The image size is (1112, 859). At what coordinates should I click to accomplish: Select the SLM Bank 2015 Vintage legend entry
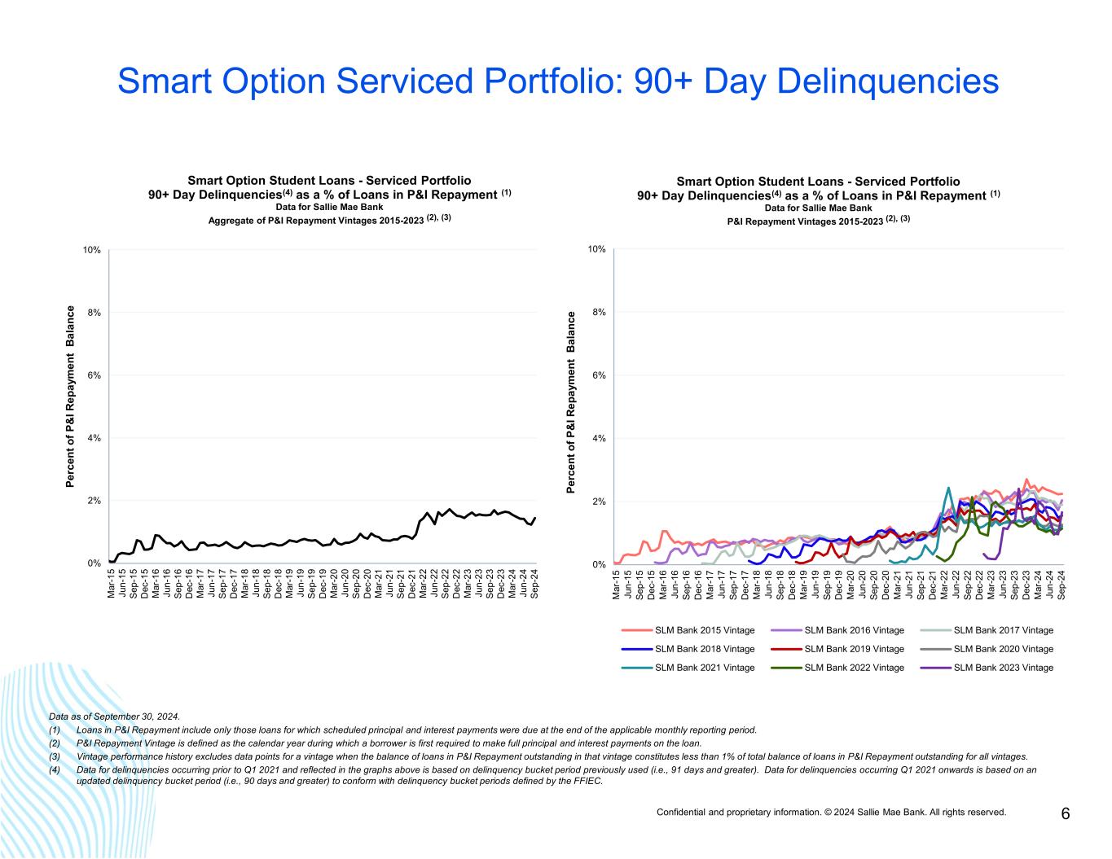[705, 630]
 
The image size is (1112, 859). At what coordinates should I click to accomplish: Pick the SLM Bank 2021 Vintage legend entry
[705, 668]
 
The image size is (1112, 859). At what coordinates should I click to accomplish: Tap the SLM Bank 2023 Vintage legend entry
[1003, 668]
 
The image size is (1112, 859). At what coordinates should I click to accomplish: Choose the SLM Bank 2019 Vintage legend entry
[854, 649]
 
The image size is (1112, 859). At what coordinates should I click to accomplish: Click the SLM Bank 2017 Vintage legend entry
[1003, 630]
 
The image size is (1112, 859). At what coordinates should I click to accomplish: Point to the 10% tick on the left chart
[91, 250]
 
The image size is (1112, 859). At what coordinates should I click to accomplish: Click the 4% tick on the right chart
[597, 438]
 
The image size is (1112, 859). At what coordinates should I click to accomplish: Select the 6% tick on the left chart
[94, 375]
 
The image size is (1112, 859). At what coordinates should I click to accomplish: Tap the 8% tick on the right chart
[597, 312]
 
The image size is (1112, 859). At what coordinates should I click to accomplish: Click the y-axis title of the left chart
[71, 397]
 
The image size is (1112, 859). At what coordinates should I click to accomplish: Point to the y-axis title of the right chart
[571, 402]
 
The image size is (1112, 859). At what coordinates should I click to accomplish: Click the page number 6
[1066, 813]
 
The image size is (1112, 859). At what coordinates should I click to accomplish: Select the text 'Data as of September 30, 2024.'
[114, 717]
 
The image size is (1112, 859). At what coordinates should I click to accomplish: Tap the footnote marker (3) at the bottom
[55, 756]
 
